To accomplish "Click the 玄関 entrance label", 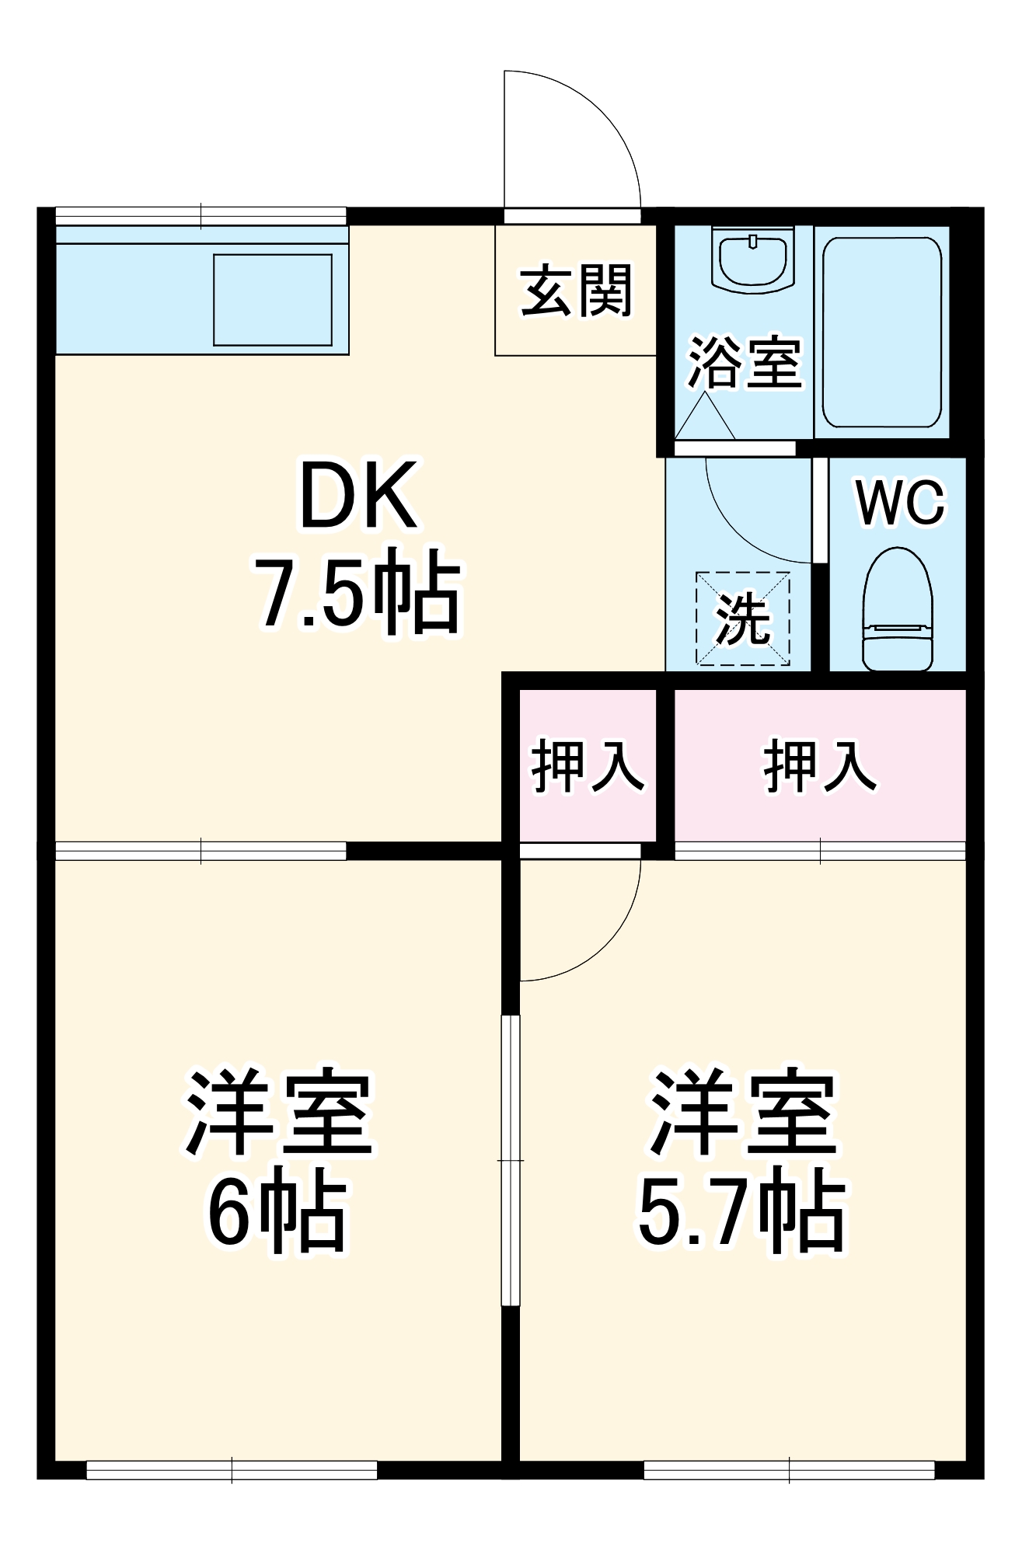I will [576, 291].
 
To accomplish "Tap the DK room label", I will [358, 495].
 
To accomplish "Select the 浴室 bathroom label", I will [744, 362].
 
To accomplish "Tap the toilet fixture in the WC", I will [898, 610].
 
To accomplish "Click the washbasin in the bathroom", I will [752, 260].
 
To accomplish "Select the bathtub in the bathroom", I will [882, 333].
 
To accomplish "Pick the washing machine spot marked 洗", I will [743, 619].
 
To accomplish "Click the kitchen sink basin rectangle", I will [273, 299].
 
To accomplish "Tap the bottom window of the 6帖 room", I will [232, 1470].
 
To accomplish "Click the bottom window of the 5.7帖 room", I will [789, 1470].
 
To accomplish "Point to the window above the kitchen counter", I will [201, 216].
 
